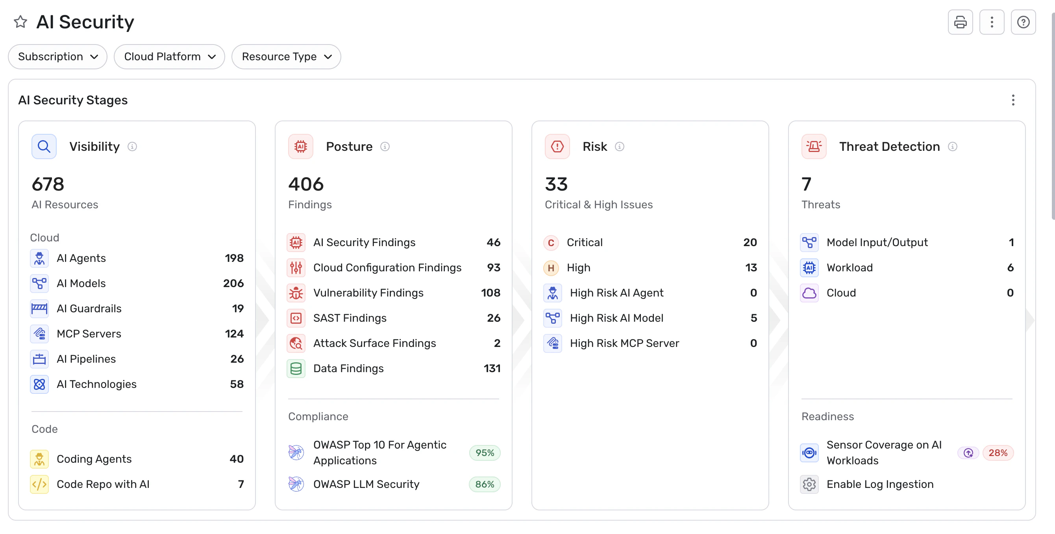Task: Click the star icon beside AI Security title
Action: tap(20, 22)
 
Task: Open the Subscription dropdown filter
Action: tap(58, 57)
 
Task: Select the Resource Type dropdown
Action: tap(286, 57)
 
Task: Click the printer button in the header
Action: tap(960, 22)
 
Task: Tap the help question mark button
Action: tap(1023, 22)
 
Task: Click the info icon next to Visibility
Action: tap(132, 146)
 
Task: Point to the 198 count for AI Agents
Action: tap(234, 258)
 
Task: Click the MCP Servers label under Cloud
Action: tap(89, 334)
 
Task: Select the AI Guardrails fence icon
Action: tap(39, 309)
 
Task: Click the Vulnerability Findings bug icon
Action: tap(296, 293)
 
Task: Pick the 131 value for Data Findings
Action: tap(492, 369)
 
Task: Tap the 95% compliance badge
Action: tap(485, 453)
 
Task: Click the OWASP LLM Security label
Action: tap(366, 484)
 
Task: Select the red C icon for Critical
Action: tap(551, 243)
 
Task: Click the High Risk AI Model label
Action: tap(616, 318)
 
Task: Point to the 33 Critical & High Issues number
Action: tap(556, 184)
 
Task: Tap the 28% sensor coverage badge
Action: tap(998, 453)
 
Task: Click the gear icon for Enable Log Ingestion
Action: tap(809, 484)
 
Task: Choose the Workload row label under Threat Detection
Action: tap(850, 268)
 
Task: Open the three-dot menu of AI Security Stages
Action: tap(1013, 100)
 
